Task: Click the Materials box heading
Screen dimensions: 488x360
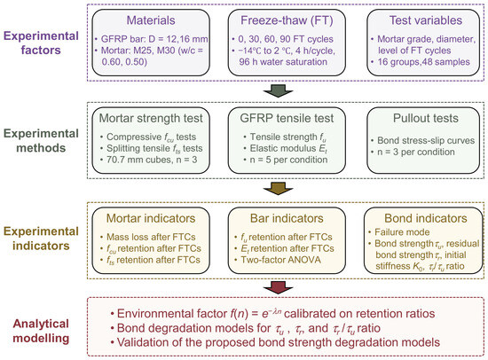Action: (151, 20)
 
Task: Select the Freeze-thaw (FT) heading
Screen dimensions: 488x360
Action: (287, 20)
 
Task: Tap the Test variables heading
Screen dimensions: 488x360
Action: (426, 20)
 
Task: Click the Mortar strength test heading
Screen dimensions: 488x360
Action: (151, 118)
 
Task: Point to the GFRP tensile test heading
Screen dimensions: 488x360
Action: (287, 118)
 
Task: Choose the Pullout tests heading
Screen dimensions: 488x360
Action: (426, 118)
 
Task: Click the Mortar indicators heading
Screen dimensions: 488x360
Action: (151, 218)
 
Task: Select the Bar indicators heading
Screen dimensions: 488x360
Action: (287, 218)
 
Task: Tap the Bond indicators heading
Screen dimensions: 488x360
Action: (426, 218)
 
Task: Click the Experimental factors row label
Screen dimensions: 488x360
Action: (41, 43)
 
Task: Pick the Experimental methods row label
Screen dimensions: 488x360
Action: (41, 141)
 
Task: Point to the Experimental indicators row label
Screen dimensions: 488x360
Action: (41, 239)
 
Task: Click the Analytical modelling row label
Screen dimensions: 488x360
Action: (41, 331)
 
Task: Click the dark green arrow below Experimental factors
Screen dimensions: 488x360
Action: (278, 90)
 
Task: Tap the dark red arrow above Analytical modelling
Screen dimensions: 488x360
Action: (278, 287)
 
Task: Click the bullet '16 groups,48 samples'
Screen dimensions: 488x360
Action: (421, 62)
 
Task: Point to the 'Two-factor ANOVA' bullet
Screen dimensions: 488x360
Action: (278, 260)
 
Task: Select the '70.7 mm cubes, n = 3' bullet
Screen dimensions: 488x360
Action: (149, 160)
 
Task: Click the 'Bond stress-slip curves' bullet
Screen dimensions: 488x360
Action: (422, 141)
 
